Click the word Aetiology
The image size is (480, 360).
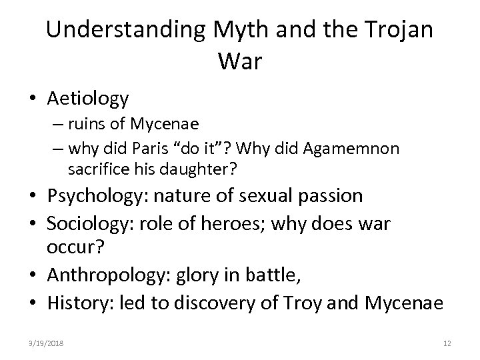click(88, 99)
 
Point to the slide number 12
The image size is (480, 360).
click(447, 343)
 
